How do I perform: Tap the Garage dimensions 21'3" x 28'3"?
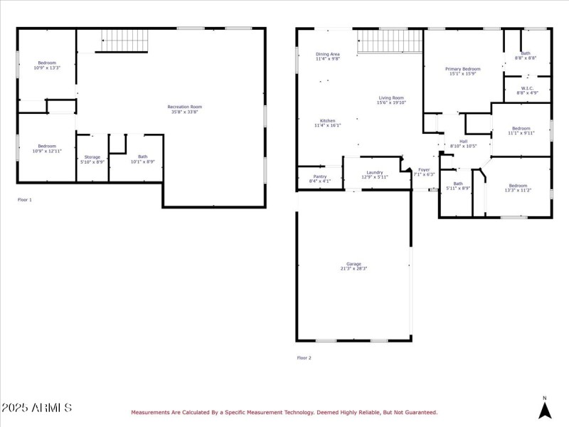click(x=353, y=268)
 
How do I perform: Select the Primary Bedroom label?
click(x=463, y=69)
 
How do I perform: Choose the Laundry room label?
click(x=375, y=172)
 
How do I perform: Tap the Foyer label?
click(x=424, y=170)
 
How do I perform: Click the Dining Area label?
click(x=327, y=55)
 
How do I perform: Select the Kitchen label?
click(x=327, y=121)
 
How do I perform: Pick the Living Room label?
click(x=390, y=98)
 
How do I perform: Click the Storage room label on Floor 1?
click(x=92, y=157)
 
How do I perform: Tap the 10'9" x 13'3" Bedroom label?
click(x=46, y=63)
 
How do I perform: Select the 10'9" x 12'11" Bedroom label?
click(x=46, y=146)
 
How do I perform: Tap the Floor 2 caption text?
click(x=304, y=358)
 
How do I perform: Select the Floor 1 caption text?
click(x=25, y=200)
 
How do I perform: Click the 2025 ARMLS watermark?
click(x=36, y=408)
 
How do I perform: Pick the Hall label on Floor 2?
click(x=463, y=142)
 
